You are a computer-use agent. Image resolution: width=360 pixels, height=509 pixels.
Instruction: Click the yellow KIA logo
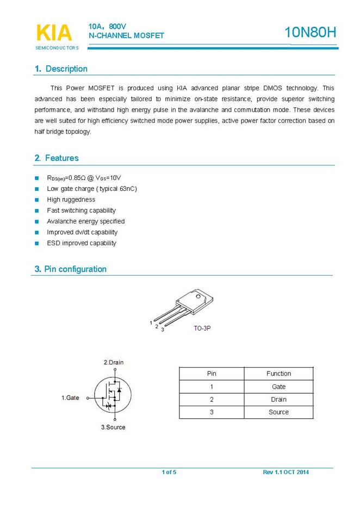click(53, 33)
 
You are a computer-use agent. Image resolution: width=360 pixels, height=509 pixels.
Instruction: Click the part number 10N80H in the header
click(310, 33)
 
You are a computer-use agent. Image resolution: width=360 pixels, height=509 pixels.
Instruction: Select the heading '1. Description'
click(61, 69)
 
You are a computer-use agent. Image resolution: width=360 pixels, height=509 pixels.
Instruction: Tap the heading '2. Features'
click(57, 158)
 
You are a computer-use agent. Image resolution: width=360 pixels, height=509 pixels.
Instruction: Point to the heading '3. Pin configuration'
click(71, 269)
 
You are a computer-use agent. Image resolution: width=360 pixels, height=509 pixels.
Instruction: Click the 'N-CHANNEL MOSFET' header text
click(126, 36)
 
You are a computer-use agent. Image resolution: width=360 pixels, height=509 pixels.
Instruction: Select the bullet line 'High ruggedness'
click(71, 200)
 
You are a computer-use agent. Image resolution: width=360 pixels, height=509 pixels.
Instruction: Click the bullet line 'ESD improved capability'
click(82, 243)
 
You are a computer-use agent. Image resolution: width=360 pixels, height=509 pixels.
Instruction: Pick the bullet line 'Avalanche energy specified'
click(85, 221)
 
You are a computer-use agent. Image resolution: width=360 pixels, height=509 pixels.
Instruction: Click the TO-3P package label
click(202, 329)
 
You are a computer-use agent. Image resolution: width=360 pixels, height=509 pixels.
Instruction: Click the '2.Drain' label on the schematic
click(113, 363)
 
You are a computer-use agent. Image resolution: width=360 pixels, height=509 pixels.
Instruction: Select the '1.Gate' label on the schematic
click(70, 398)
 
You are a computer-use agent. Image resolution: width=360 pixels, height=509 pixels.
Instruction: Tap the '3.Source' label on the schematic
click(113, 427)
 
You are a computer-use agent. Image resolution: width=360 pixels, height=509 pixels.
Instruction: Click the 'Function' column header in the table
click(278, 374)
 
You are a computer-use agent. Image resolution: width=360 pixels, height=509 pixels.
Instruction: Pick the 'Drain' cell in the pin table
click(278, 399)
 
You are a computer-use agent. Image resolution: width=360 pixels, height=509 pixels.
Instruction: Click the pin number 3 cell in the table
click(212, 412)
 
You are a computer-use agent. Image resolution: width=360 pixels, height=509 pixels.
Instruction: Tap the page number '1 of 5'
click(169, 472)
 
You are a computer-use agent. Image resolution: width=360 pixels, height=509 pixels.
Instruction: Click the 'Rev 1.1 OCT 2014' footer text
click(285, 472)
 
